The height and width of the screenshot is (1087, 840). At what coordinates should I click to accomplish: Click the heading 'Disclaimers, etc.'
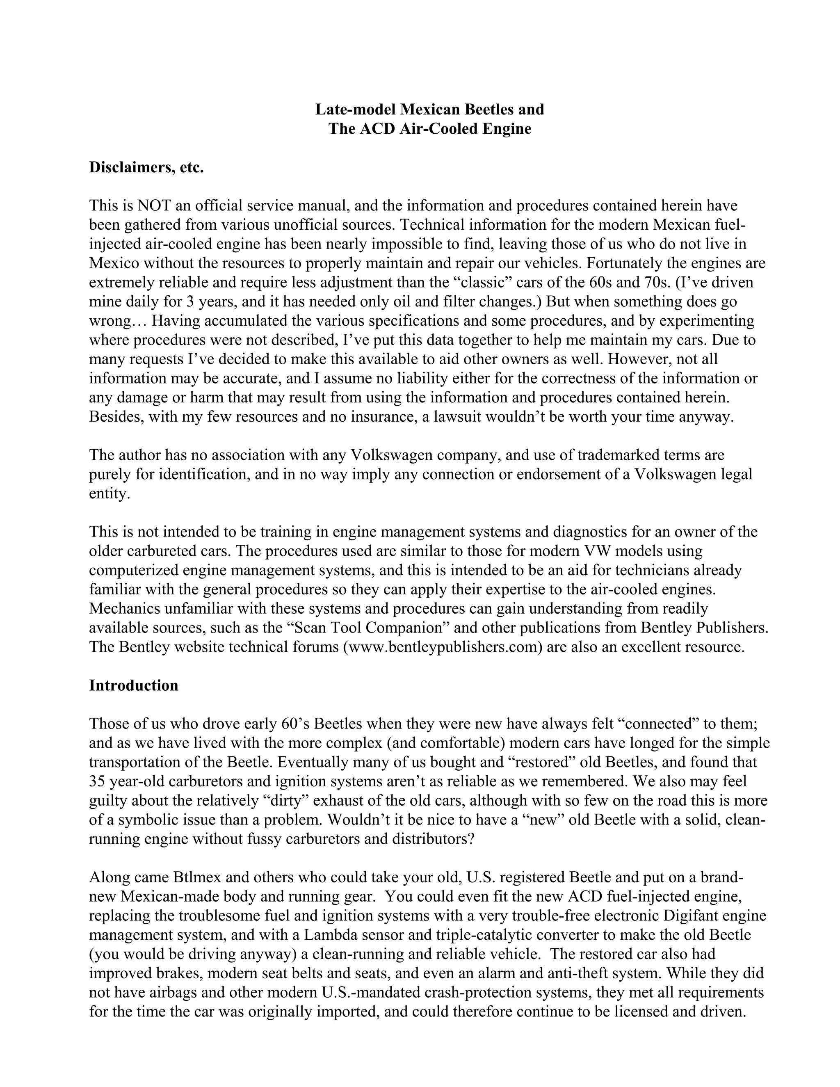[x=146, y=168]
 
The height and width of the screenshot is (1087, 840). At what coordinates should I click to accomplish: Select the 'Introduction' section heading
[x=133, y=685]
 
